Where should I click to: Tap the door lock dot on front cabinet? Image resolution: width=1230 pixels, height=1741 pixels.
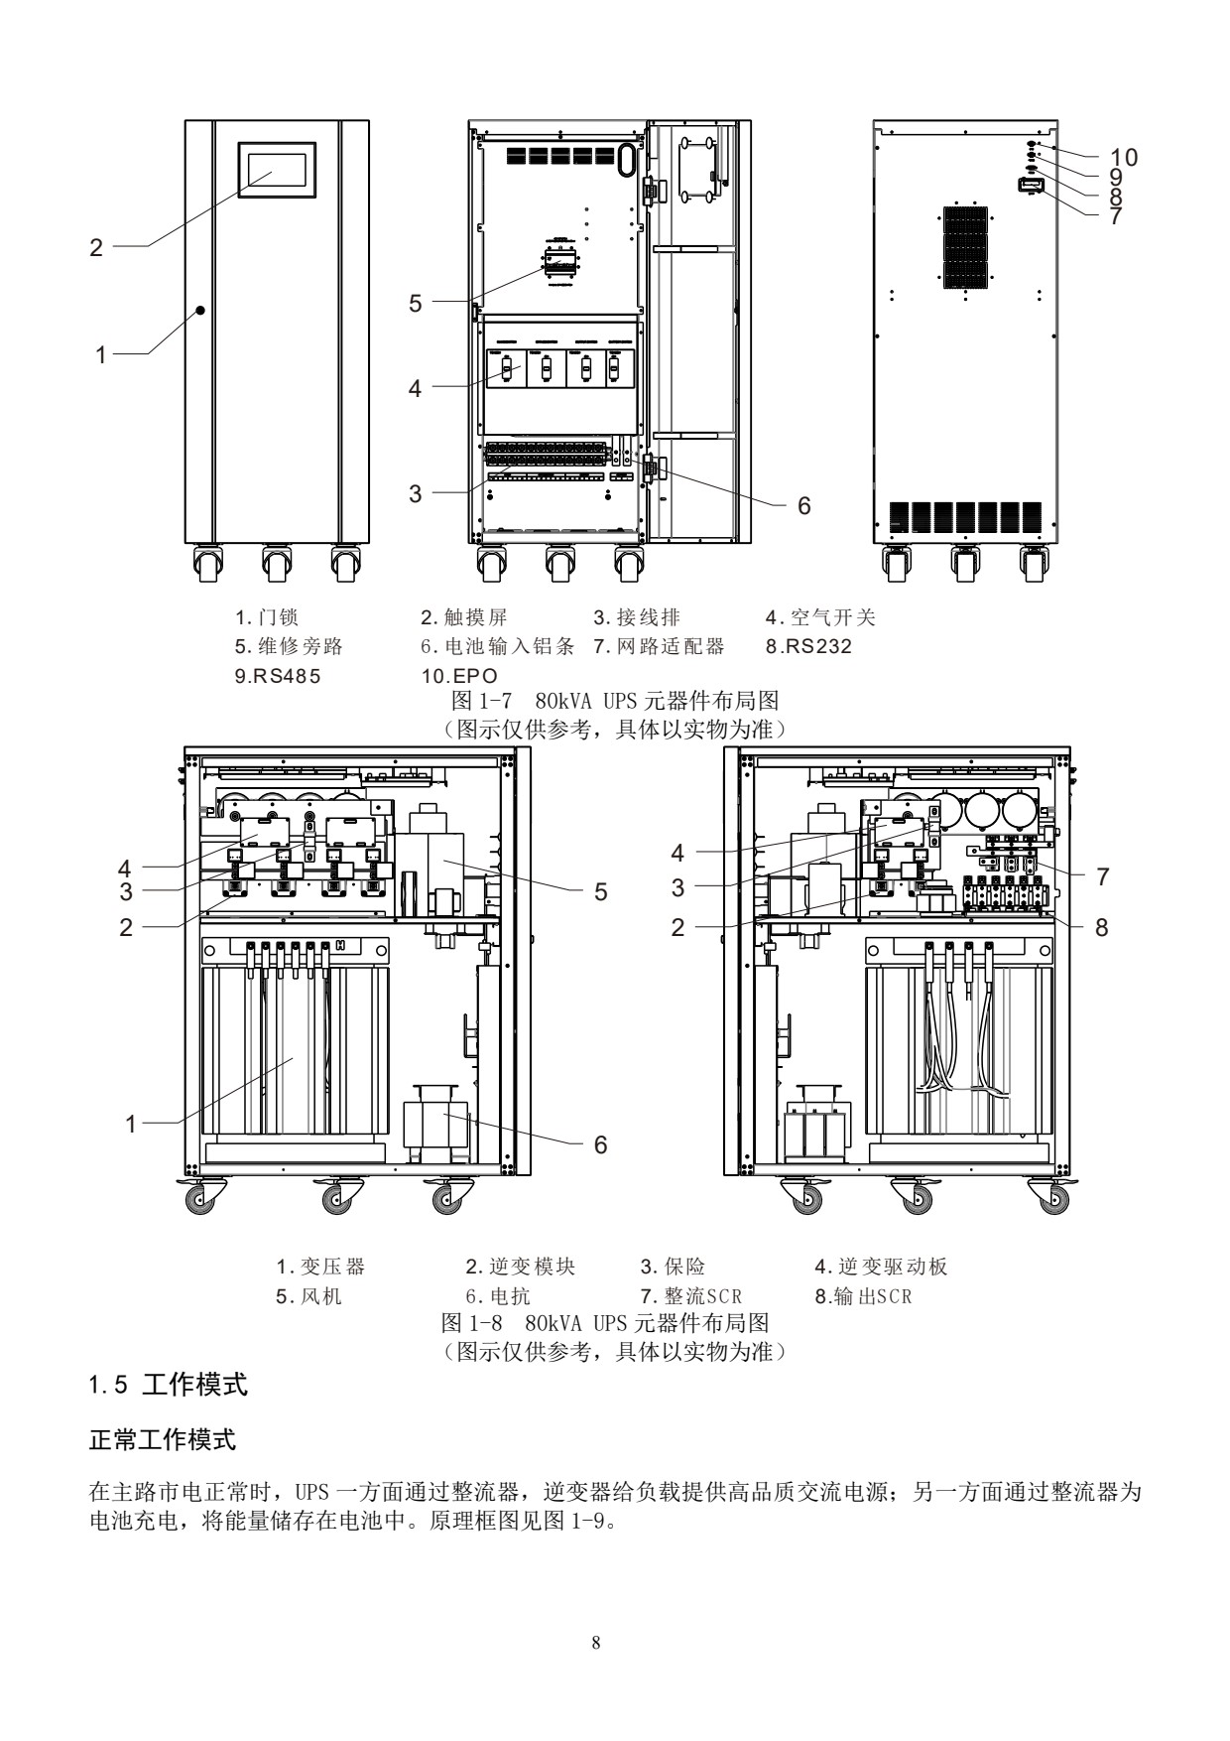point(199,311)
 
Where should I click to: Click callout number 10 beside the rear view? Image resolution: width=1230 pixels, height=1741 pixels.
point(1124,157)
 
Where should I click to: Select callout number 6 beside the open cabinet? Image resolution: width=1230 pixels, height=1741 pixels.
point(804,505)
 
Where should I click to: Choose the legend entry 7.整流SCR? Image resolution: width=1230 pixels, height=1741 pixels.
point(691,1296)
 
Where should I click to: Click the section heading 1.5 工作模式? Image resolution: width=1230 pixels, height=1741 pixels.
point(169,1385)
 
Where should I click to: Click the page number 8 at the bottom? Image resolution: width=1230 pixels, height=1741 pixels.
point(595,1643)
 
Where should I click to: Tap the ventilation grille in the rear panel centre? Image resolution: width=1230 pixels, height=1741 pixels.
point(964,246)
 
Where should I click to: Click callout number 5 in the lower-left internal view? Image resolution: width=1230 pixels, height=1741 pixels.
point(600,891)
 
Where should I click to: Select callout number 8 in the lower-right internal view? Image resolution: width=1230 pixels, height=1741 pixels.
point(1101,927)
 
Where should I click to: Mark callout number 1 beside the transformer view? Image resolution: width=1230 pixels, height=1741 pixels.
point(131,1124)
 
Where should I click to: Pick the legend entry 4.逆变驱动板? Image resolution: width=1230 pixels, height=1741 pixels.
point(881,1267)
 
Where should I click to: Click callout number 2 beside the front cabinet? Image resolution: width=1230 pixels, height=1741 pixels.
point(96,247)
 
